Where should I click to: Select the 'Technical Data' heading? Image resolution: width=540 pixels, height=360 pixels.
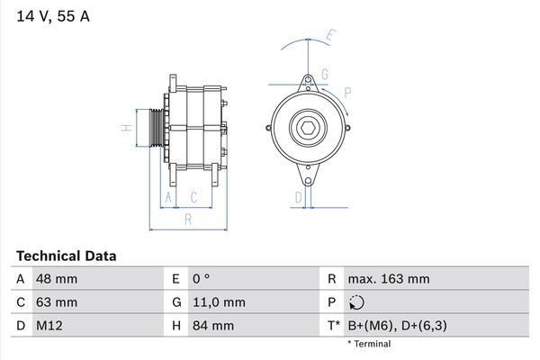click(66, 256)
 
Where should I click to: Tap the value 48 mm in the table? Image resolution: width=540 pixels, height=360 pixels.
click(56, 279)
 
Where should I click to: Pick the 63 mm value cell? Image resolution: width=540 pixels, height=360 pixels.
click(56, 302)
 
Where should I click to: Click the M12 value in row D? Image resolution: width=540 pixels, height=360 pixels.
click(49, 325)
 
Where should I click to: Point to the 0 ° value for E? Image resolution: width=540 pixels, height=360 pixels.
click(201, 279)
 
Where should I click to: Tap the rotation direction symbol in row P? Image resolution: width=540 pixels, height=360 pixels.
click(357, 302)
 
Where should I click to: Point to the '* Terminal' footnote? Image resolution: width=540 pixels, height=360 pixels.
click(369, 344)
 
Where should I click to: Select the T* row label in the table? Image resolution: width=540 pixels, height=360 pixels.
click(334, 325)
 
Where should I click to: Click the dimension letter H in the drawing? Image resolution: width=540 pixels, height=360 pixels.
click(124, 127)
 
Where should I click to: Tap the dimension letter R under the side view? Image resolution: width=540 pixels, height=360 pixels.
click(187, 219)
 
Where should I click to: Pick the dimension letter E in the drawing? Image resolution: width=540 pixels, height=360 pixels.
click(329, 36)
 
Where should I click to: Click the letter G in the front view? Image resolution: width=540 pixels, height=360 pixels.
click(323, 74)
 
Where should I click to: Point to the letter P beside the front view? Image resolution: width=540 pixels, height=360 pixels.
click(346, 91)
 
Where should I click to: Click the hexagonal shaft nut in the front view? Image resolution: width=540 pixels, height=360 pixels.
click(307, 128)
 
